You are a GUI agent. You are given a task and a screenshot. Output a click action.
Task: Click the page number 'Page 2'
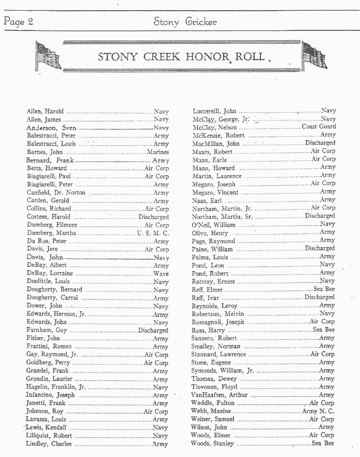pyautogui.click(x=17, y=22)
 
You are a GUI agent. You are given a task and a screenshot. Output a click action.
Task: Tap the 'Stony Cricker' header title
pyautogui.click(x=184, y=22)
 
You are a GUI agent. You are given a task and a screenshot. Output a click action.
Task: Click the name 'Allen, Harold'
pyautogui.click(x=45, y=111)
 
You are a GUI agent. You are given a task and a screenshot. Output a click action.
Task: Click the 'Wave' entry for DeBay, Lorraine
pyautogui.click(x=160, y=274)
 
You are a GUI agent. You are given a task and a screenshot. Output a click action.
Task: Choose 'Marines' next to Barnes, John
pyautogui.click(x=157, y=152)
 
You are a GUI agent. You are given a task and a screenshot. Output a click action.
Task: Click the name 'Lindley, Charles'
pyautogui.click(x=49, y=444)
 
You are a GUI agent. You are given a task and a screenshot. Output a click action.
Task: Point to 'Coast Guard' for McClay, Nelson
pyautogui.click(x=319, y=127)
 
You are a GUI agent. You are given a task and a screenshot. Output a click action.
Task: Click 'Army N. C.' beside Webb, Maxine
pyautogui.click(x=318, y=411)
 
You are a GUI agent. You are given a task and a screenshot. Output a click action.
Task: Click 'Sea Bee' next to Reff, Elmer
pyautogui.click(x=324, y=289)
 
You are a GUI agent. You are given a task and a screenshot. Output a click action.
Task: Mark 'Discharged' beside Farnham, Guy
pyautogui.click(x=153, y=330)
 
